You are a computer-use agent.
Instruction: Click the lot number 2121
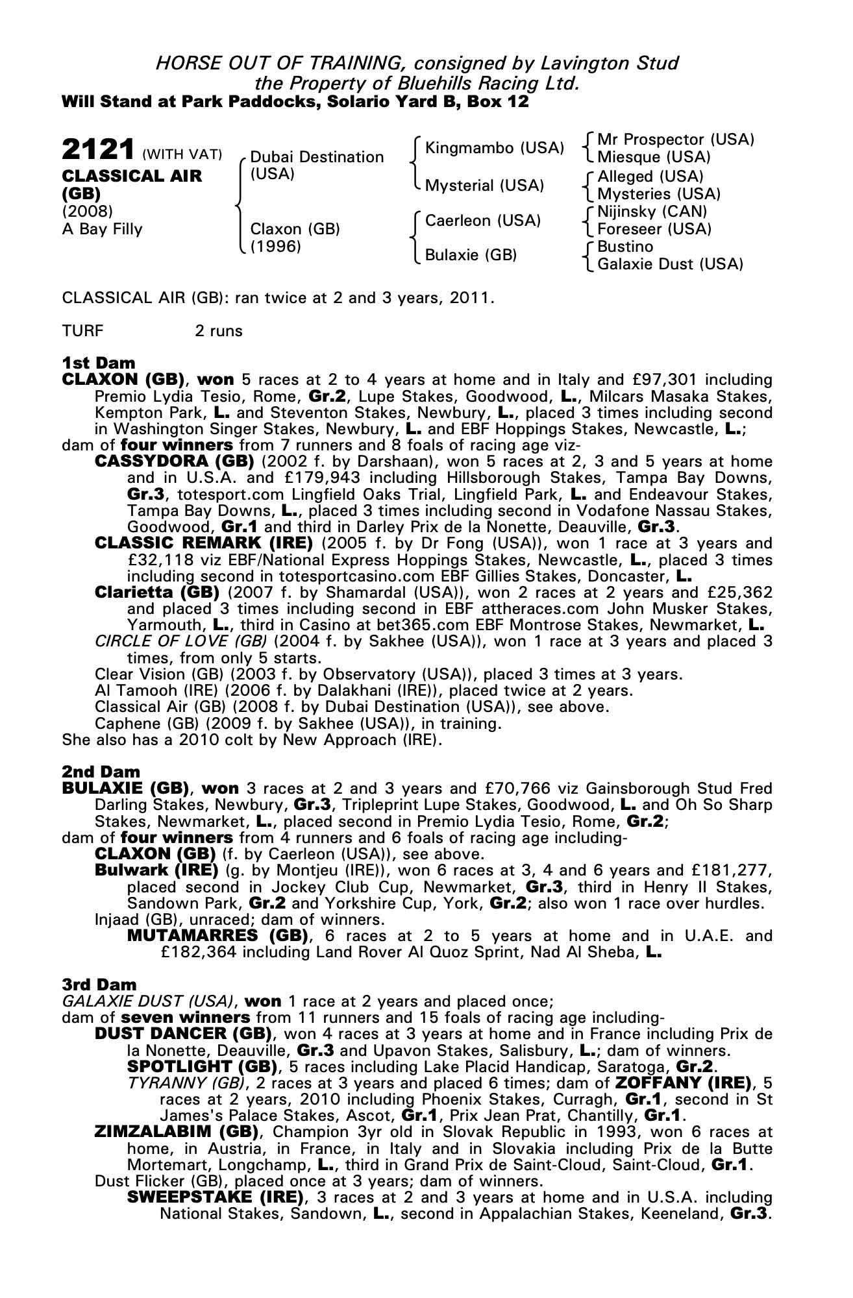(98, 150)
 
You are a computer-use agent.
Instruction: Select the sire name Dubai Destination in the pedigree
(317, 157)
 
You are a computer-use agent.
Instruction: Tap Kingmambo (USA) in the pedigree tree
(494, 148)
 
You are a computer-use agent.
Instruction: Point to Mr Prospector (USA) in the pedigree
(675, 140)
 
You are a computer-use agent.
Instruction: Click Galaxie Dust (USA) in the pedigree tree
(670, 264)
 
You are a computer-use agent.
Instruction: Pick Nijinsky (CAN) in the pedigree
(652, 211)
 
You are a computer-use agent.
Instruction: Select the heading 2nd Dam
(101, 772)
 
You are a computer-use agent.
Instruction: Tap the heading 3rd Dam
(99, 985)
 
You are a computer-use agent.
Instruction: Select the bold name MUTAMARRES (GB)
(217, 936)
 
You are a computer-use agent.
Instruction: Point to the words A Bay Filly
(102, 229)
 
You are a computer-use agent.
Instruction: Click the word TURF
(82, 331)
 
